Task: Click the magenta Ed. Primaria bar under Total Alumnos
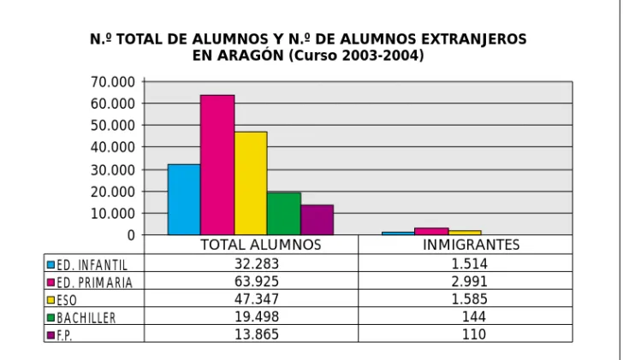click(x=217, y=165)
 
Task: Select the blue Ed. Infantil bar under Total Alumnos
click(x=184, y=199)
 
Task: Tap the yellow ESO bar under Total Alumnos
click(x=251, y=183)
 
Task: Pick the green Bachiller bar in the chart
click(x=284, y=214)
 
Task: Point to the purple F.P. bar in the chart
click(x=317, y=220)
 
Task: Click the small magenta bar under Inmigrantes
click(x=431, y=232)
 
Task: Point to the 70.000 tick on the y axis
click(x=113, y=82)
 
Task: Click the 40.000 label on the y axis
click(x=113, y=147)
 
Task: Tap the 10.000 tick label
click(x=113, y=214)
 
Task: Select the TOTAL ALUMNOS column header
click(x=261, y=245)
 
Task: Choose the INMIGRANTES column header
click(x=472, y=245)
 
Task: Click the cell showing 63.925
click(x=257, y=281)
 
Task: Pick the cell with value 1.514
click(x=469, y=263)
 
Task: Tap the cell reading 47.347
click(x=257, y=299)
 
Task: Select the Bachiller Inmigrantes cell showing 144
click(x=474, y=316)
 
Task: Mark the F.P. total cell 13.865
click(x=257, y=334)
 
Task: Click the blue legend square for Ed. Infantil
click(x=50, y=264)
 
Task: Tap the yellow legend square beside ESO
click(x=50, y=299)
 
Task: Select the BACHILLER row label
click(x=86, y=318)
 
